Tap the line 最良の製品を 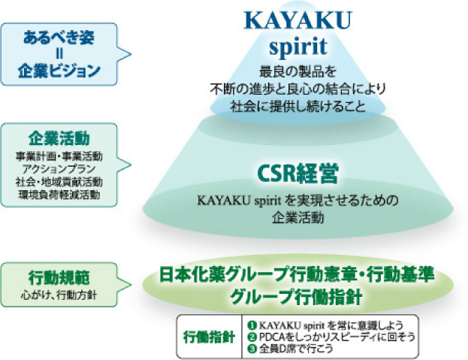(297, 72)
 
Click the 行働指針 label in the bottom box (207, 336)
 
